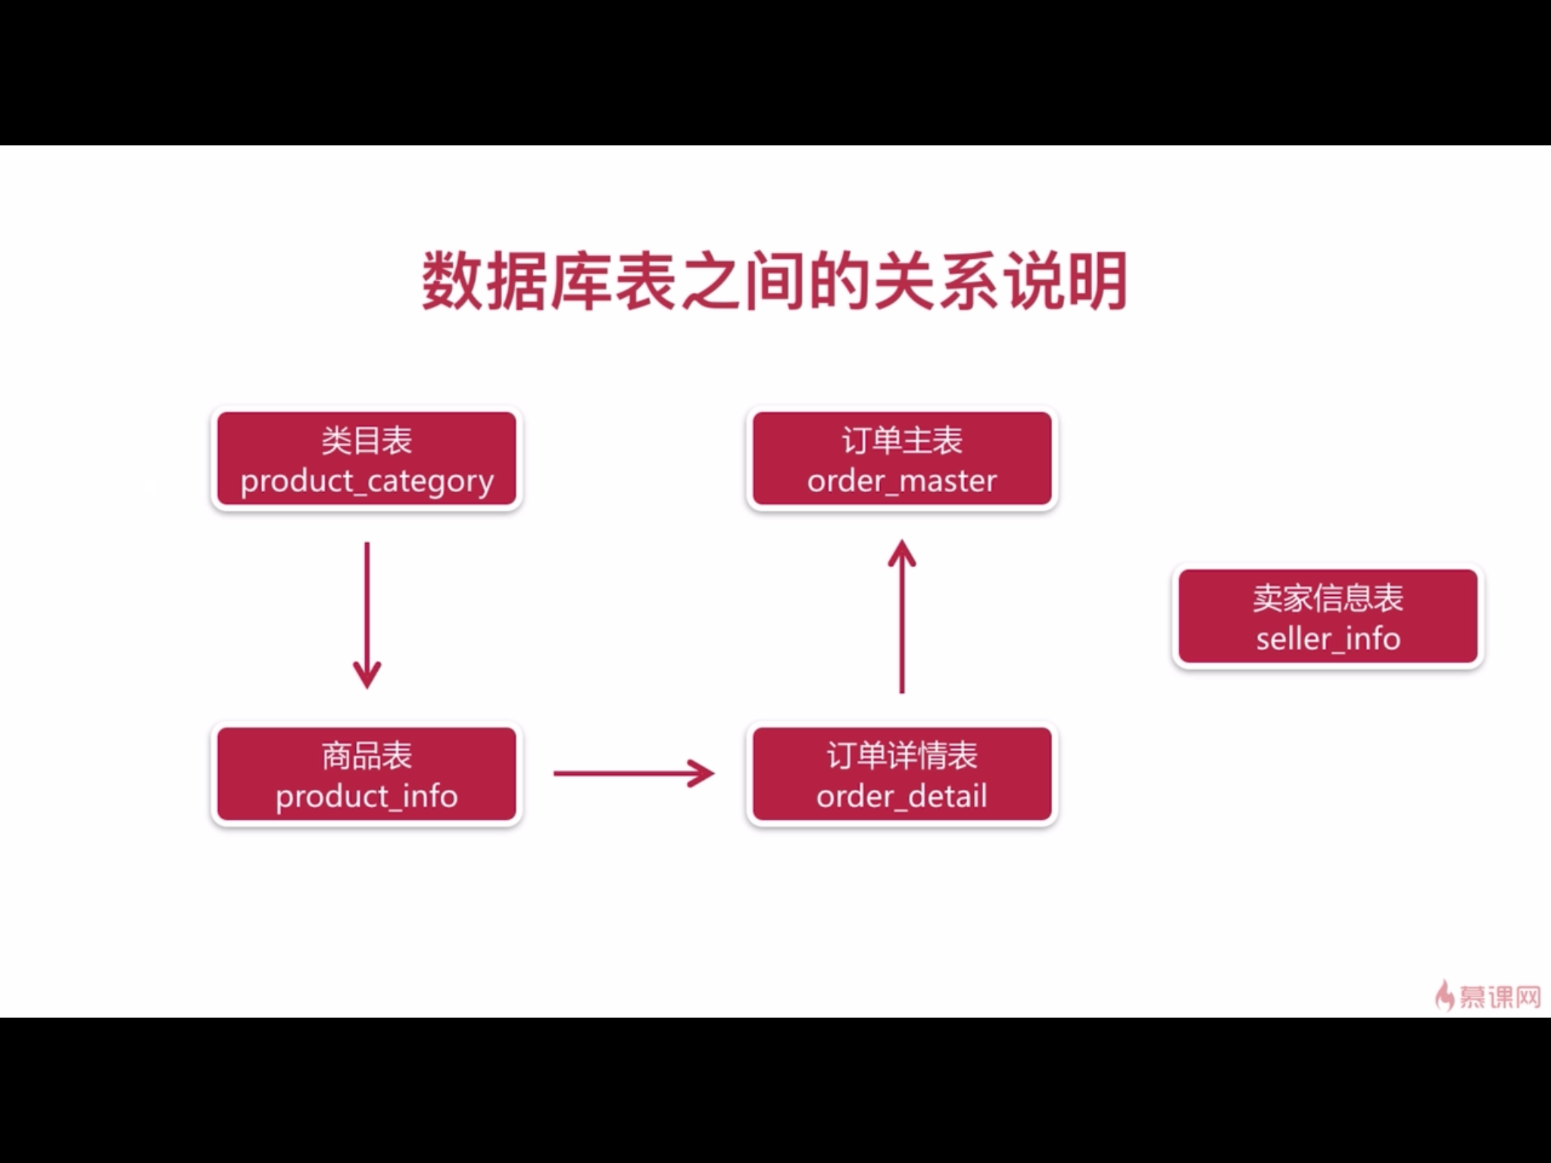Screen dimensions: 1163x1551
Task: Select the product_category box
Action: point(367,459)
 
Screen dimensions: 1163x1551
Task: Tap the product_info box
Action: point(367,774)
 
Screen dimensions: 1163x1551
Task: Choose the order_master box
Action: point(901,459)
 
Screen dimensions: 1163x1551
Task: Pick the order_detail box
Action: point(901,774)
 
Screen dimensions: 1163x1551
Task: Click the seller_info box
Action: point(1328,617)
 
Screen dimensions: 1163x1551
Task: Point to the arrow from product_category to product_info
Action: point(367,613)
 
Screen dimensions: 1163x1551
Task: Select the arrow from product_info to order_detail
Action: point(633,773)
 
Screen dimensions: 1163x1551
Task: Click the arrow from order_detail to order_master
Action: point(901,617)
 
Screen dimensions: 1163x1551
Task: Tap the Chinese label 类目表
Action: point(367,441)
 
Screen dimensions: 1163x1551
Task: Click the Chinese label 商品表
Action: point(367,756)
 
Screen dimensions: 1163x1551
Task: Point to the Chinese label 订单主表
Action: point(901,441)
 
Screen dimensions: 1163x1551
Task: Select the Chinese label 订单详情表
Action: point(901,756)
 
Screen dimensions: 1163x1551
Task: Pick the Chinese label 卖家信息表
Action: point(1328,598)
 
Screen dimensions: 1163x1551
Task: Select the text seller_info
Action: point(1328,639)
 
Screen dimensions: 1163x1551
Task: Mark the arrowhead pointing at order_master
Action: point(901,551)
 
